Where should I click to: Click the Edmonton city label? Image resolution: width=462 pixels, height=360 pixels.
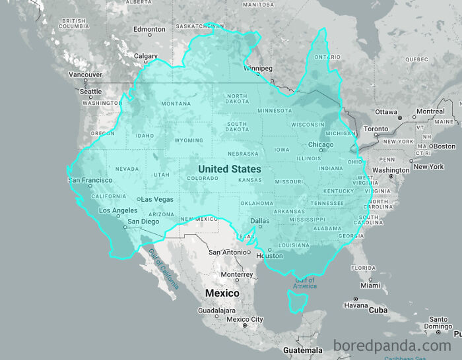point(149,30)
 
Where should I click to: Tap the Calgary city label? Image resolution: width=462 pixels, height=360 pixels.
point(146,57)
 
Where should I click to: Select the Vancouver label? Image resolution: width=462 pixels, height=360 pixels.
point(86,75)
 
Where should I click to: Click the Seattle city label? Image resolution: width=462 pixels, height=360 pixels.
point(91,92)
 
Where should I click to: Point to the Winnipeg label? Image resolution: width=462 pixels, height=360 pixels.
point(257,68)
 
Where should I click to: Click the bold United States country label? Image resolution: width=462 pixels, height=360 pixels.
point(229,169)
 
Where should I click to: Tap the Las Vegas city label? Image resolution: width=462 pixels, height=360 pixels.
point(157,199)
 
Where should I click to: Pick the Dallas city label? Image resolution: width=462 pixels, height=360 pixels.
point(259,221)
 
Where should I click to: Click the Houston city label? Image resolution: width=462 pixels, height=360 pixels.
point(269,256)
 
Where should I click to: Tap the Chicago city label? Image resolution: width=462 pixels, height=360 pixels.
point(321,145)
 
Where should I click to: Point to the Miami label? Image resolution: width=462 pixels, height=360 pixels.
point(370,285)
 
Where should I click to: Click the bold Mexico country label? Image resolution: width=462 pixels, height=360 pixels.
point(222,293)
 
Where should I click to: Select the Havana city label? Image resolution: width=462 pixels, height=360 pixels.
point(355,305)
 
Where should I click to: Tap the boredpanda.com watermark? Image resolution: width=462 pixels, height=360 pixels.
point(392,345)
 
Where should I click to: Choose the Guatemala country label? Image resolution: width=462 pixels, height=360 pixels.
point(303,350)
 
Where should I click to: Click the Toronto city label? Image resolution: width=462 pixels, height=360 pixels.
point(376,129)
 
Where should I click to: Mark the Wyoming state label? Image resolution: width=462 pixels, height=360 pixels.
point(189,140)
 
